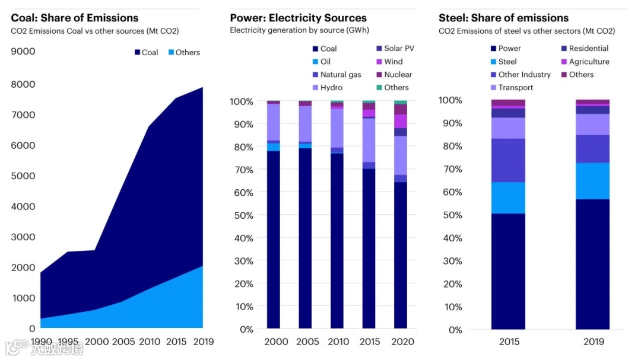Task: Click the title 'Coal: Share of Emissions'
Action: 75,18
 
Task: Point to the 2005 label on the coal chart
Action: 123,342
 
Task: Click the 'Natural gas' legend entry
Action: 341,75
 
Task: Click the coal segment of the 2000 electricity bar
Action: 273,237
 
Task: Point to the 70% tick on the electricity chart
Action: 242,170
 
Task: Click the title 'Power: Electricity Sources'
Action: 298,18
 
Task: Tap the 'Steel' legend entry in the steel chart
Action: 507,62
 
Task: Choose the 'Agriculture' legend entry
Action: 589,62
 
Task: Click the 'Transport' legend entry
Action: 516,88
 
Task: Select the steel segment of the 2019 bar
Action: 592,181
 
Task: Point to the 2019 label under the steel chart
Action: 594,342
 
